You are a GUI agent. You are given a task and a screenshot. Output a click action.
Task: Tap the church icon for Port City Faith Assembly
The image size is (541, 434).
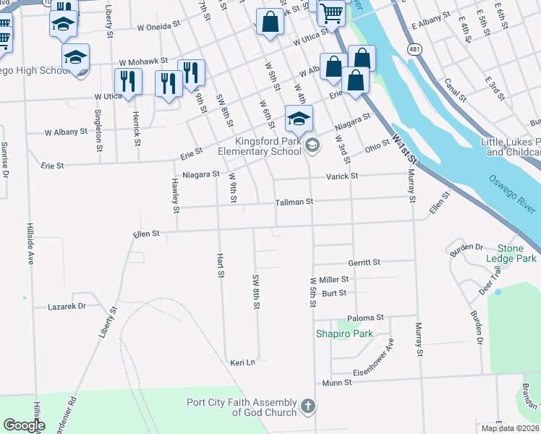coord(308,407)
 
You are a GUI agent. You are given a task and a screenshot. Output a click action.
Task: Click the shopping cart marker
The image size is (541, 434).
coord(331,12)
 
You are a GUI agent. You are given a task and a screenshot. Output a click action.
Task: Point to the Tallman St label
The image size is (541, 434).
coord(294,203)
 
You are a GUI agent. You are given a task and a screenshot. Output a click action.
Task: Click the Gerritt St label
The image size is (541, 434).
coord(364,263)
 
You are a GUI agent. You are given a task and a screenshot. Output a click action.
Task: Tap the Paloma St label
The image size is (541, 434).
coord(365,318)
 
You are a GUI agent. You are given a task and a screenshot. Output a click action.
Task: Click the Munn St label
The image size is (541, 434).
coord(336,382)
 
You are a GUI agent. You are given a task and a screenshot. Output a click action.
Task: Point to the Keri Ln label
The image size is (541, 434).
coord(243,362)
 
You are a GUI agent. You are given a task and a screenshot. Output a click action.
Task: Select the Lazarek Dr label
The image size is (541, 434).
coord(67,307)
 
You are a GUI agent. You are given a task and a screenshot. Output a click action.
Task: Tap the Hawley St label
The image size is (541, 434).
coord(176,197)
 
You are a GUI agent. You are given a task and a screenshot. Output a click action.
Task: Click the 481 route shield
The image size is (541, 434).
coord(413,49)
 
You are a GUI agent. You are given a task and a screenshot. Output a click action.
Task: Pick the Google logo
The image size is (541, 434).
coord(24,425)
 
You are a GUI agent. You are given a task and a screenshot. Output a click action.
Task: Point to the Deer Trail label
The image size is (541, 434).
coord(489,281)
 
